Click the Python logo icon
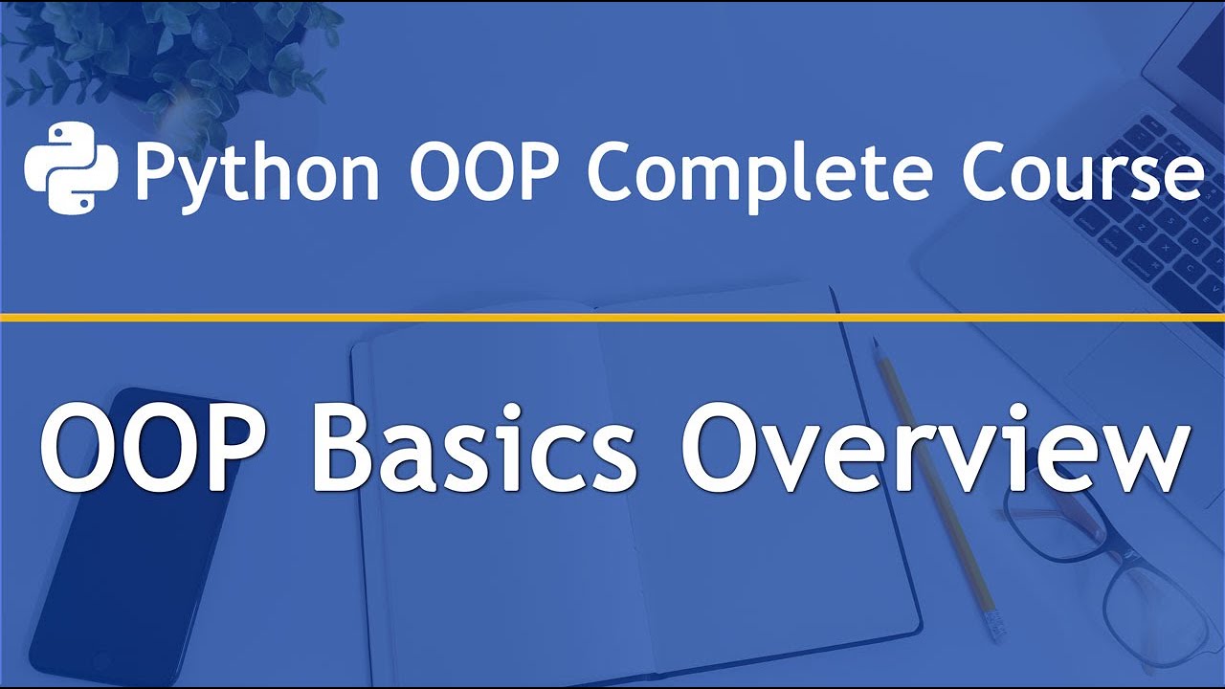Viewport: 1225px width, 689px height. [70, 167]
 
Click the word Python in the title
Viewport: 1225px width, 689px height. [256, 172]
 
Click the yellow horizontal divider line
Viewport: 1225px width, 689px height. [612, 317]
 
